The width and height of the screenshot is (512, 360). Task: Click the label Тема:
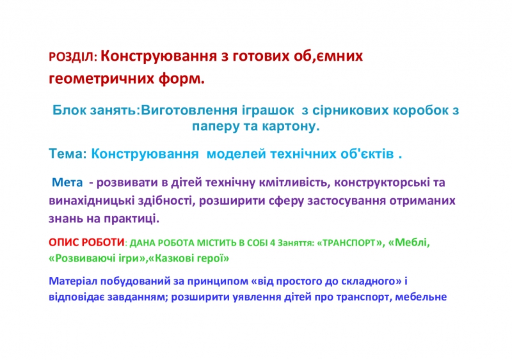coord(68,153)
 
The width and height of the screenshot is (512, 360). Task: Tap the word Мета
coord(67,182)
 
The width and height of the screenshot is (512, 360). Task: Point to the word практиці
coord(132,219)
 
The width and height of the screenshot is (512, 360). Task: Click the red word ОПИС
coord(63,242)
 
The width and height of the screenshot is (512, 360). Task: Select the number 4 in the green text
coord(273,243)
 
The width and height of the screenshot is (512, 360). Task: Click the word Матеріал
coord(73,281)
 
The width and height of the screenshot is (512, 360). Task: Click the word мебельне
coord(421,297)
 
